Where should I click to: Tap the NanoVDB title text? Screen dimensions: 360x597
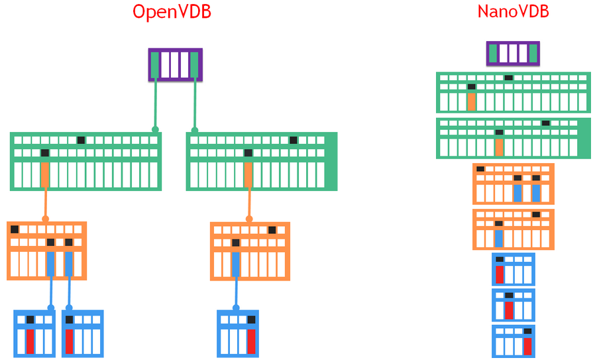click(x=513, y=12)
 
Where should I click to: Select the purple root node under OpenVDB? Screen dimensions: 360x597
click(x=175, y=65)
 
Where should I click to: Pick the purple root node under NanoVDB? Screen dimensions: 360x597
click(x=513, y=54)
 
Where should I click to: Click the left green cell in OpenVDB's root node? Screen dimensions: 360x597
click(x=155, y=65)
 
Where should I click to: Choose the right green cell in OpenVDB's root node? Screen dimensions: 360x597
click(x=194, y=65)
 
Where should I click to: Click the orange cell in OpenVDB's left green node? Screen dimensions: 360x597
click(x=45, y=175)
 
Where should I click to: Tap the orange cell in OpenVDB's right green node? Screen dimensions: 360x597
click(x=248, y=175)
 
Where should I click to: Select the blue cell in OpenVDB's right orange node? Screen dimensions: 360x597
click(x=235, y=264)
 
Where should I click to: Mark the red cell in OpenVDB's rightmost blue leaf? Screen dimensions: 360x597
click(x=250, y=341)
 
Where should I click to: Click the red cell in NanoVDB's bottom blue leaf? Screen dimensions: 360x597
click(x=527, y=346)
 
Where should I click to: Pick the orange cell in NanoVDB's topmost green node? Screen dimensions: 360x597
click(x=471, y=101)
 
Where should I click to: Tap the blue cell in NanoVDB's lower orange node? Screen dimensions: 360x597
click(x=499, y=238)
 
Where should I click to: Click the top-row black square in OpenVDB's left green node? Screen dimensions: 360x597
click(x=81, y=140)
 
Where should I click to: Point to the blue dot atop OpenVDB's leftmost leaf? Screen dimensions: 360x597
click(x=51, y=308)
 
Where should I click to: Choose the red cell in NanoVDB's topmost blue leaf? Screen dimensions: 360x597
click(x=500, y=274)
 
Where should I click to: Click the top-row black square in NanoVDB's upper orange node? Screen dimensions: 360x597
click(x=480, y=169)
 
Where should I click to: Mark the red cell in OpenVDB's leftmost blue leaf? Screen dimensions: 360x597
click(x=30, y=341)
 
